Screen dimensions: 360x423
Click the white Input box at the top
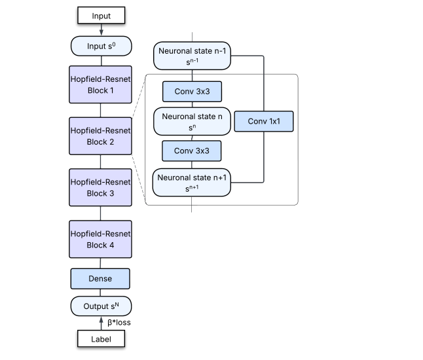[101, 14]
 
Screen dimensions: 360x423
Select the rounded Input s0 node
[101, 46]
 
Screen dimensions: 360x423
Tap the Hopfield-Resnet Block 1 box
[101, 84]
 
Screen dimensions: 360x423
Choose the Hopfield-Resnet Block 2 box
[101, 135]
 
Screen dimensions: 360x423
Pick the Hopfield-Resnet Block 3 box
[101, 187]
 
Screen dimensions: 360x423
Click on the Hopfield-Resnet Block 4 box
[101, 239]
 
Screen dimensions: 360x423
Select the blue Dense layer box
[101, 278]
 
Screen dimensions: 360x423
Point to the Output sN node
[101, 306]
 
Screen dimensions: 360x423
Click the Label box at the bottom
[101, 338]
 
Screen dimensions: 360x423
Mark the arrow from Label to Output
[101, 323]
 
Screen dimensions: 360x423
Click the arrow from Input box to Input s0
[101, 29]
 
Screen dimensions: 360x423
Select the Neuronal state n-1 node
[193, 56]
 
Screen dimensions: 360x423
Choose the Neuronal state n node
[193, 121]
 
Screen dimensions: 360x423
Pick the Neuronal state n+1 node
[193, 182]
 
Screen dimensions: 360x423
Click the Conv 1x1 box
[263, 121]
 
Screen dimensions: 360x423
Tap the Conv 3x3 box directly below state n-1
[193, 92]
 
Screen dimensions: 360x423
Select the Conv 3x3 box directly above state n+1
[193, 151]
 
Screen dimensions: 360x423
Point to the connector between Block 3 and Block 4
[101, 213]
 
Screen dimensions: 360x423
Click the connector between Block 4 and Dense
[101, 263]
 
